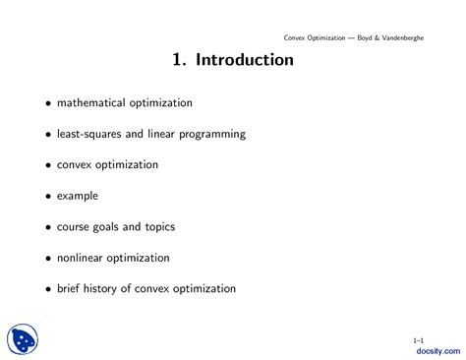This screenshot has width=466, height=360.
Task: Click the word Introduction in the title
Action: [245, 60]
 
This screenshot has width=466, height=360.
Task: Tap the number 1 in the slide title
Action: [176, 60]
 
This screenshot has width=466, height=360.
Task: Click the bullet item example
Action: [78, 196]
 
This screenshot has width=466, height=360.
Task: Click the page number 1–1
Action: [418, 339]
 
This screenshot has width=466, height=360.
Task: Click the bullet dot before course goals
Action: [43, 228]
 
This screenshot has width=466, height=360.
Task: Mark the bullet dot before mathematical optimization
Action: [43, 103]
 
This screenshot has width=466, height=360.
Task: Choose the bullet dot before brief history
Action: [43, 290]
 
